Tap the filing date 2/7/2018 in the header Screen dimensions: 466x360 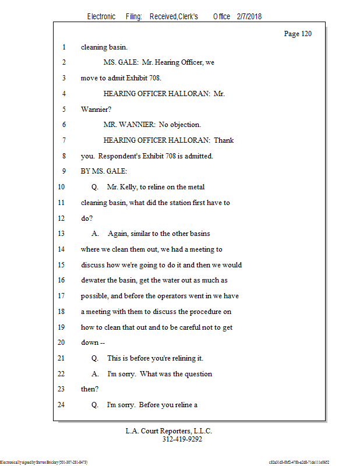pyautogui.click(x=249, y=17)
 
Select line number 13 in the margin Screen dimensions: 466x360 pyautogui.click(x=62, y=234)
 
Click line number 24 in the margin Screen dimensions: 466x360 pyautogui.click(x=62, y=405)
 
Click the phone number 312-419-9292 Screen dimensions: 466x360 pyautogui.click(x=182, y=440)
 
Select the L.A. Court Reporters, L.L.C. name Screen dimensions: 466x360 pyautogui.click(x=169, y=432)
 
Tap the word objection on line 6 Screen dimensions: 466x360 pyautogui.click(x=184, y=125)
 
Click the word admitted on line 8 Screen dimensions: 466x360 pyautogui.click(x=197, y=156)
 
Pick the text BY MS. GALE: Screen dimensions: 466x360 pyautogui.click(x=104, y=171)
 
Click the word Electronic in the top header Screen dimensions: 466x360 pyautogui.click(x=101, y=17)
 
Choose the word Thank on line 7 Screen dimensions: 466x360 pyautogui.click(x=224, y=140)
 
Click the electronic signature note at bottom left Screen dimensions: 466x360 pyautogui.click(x=44, y=462)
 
